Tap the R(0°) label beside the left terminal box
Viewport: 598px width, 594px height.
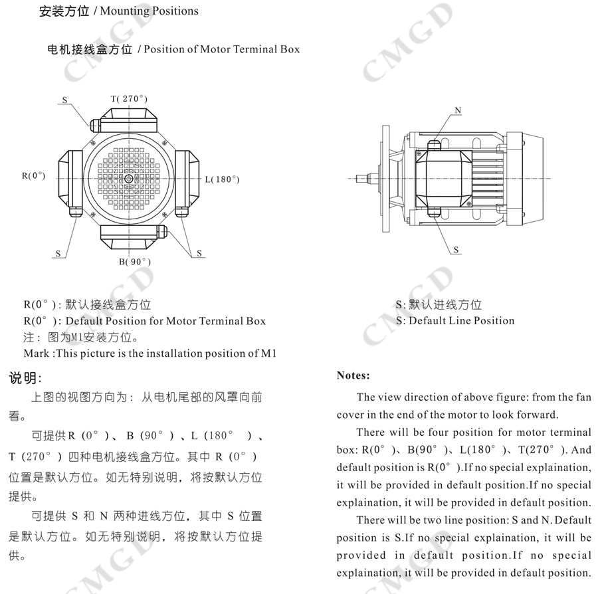33,176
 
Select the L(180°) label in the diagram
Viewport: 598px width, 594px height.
221,179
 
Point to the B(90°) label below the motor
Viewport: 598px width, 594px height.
135,262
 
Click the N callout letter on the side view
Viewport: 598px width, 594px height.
458,110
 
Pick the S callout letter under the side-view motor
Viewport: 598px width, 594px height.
456,250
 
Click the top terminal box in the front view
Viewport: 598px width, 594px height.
130,124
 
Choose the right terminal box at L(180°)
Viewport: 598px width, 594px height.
187,178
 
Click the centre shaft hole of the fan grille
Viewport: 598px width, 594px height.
128,177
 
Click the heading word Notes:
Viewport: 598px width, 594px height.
353,375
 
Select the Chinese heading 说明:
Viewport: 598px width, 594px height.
25,379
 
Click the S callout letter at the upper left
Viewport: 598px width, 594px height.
64,100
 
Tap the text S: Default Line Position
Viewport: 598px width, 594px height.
454,320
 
